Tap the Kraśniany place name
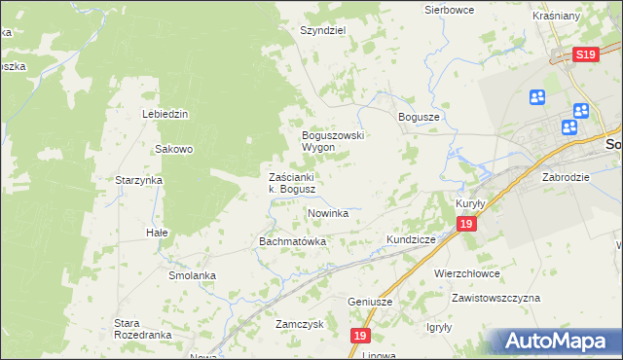click(584, 18)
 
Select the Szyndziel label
click(323, 30)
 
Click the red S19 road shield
click(585, 55)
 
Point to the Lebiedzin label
click(165, 114)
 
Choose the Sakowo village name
click(175, 150)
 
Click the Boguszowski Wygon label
click(332, 141)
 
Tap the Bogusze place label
click(421, 116)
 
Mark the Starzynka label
click(138, 181)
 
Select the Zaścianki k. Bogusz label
click(291, 183)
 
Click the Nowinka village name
click(328, 213)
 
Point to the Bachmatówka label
click(292, 240)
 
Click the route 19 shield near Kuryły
click(467, 225)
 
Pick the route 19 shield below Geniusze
click(361, 336)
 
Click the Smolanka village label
click(192, 275)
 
